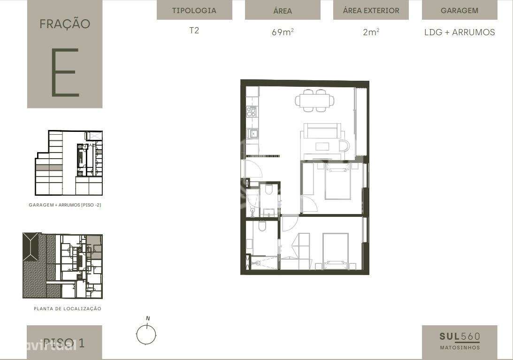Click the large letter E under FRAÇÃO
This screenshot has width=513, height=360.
point(64,73)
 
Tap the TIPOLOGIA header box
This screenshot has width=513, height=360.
point(194,10)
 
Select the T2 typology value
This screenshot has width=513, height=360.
point(194,31)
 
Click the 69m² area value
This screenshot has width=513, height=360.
point(283,32)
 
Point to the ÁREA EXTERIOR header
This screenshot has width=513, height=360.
point(371,10)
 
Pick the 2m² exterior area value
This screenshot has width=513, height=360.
point(371,32)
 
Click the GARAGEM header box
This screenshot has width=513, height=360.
point(459,10)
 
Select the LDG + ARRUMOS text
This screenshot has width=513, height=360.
point(459,32)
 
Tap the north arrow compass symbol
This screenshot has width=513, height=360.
point(146,335)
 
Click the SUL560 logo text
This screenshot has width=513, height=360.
point(459,337)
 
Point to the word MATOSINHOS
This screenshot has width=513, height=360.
point(459,348)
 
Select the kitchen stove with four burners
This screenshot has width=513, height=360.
point(252,112)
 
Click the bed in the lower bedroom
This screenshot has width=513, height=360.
point(335,251)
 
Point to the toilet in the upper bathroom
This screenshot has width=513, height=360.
point(268,190)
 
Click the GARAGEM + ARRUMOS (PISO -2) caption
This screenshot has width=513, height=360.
point(65,205)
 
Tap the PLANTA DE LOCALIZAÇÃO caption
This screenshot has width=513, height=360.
point(67,309)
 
